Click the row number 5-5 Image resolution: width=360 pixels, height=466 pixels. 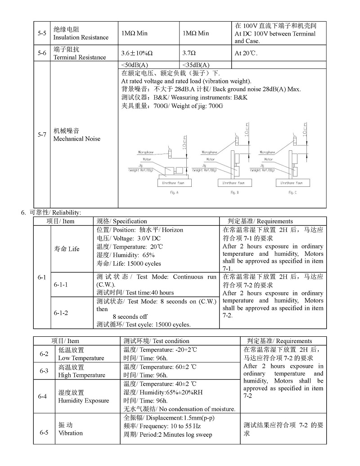click(x=41, y=33)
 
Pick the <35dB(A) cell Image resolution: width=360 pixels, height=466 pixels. click(x=196, y=65)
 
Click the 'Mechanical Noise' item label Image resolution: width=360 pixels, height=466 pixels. click(x=76, y=139)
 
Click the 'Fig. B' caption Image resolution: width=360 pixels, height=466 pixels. click(x=234, y=192)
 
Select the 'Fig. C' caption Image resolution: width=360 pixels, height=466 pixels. click(x=292, y=192)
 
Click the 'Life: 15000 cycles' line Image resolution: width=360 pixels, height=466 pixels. click(x=129, y=263)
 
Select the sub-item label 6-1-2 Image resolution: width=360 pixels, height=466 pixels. click(x=61, y=312)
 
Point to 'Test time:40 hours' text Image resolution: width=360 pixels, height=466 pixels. click(x=135, y=293)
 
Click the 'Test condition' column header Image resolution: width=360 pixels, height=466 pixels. click(x=156, y=341)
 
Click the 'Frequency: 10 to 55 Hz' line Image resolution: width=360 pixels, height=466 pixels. click(x=162, y=426)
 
